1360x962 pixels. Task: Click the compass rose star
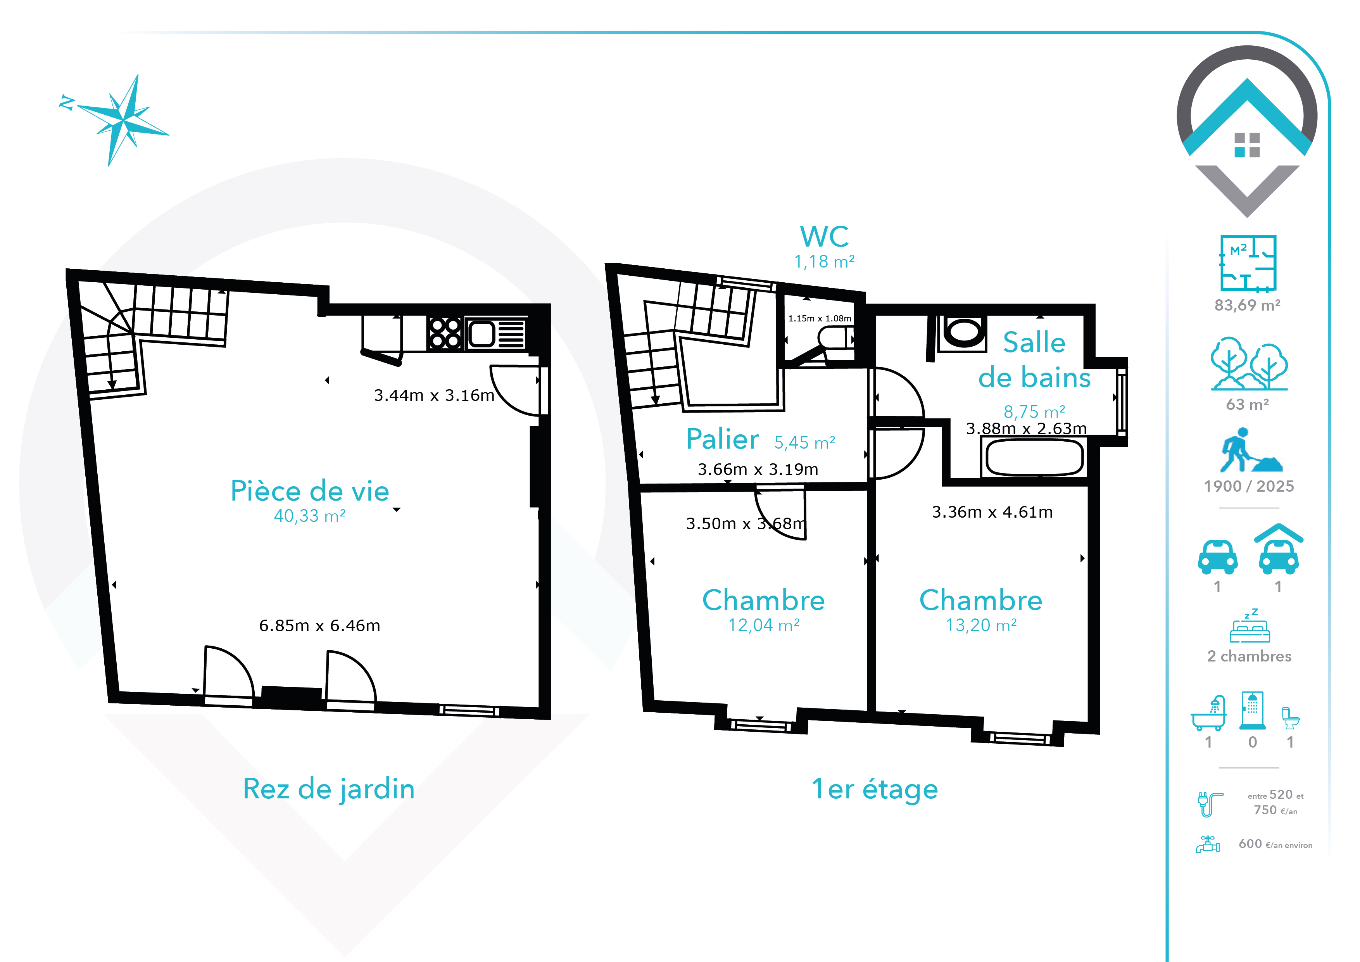coord(123,120)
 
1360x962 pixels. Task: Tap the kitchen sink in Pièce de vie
coord(496,334)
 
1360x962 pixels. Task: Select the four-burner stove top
coord(445,333)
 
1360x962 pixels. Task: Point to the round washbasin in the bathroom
coord(963,332)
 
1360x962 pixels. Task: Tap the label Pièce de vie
coord(310,491)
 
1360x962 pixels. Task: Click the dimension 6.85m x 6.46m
coord(320,625)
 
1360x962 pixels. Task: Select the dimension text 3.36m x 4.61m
coord(992,512)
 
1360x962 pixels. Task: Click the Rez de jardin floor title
coord(329,789)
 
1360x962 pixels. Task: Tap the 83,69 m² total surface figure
coord(1248,305)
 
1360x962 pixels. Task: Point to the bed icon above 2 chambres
coord(1250,626)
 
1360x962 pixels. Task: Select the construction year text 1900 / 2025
coord(1249,486)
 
